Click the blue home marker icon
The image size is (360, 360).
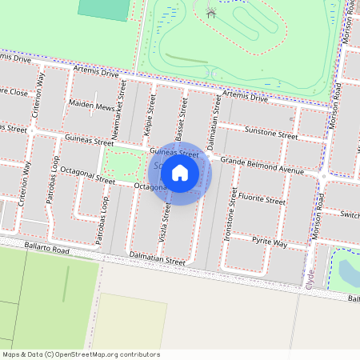pos(180,172)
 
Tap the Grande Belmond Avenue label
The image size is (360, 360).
pos(262,166)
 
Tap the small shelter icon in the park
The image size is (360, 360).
pos(211,12)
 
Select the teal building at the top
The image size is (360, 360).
pos(104,9)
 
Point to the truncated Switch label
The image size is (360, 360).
pos(349,214)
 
